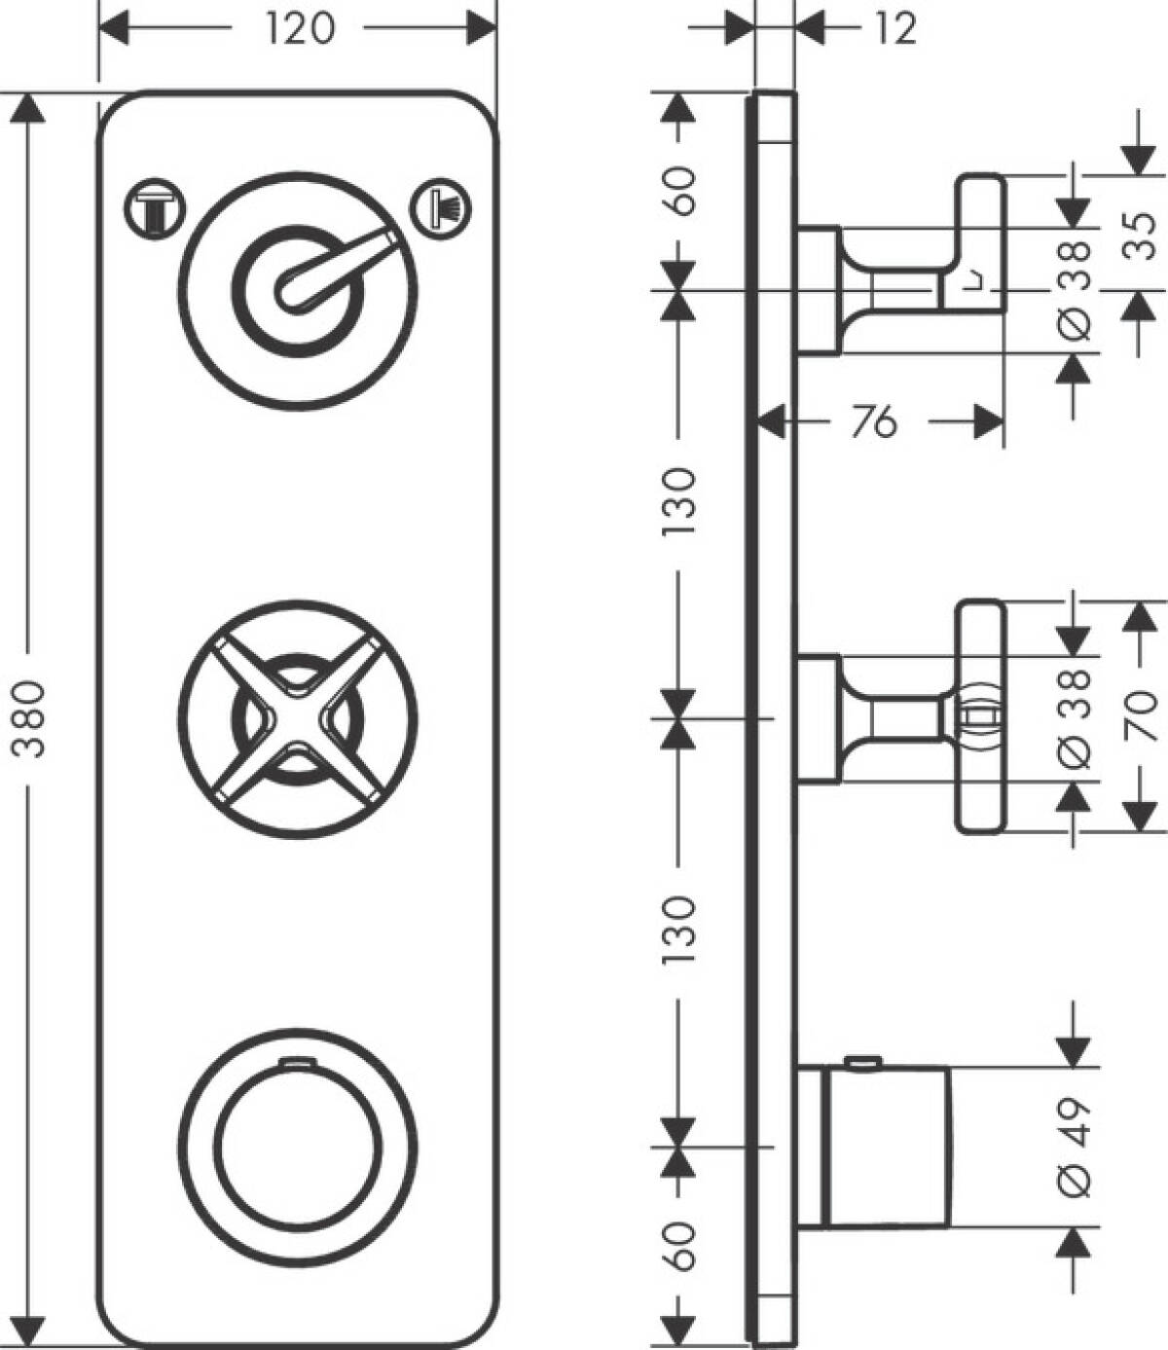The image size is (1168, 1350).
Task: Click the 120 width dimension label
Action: pyautogui.click(x=299, y=29)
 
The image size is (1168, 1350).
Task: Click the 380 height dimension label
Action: pyautogui.click(x=29, y=719)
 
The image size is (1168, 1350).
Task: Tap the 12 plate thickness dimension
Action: pyautogui.click(x=894, y=29)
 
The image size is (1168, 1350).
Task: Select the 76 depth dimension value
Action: pyautogui.click(x=872, y=422)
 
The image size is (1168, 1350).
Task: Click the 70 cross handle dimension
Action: pyautogui.click(x=1143, y=715)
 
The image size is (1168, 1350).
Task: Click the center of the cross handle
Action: pyautogui.click(x=296, y=718)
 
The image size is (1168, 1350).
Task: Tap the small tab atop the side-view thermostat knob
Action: pyautogui.click(x=860, y=1062)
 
